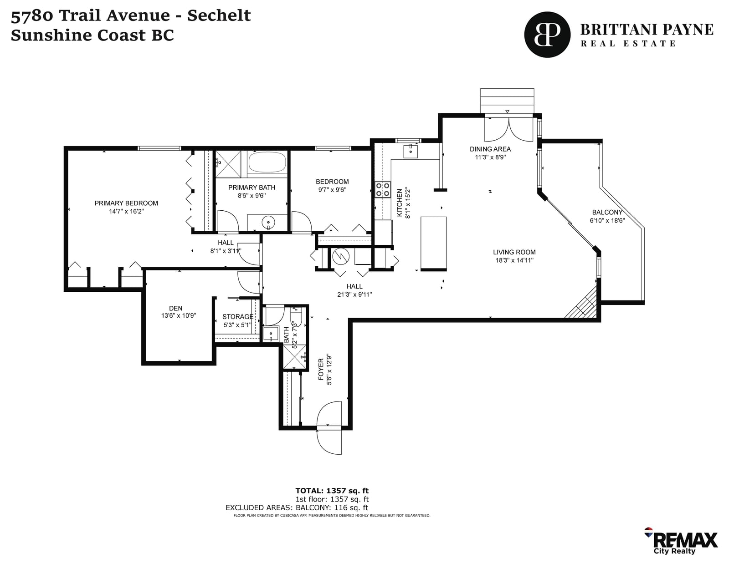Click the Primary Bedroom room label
[x=126, y=203]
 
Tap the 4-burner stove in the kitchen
[x=383, y=190]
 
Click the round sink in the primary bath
[x=268, y=222]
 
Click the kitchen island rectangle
[x=433, y=243]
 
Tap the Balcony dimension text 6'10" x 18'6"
[x=607, y=220]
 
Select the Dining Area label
[x=490, y=149]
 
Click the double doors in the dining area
[x=508, y=128]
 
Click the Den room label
[x=176, y=308]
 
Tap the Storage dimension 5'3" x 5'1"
[x=237, y=325]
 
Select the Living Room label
[x=514, y=252]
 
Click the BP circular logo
[x=547, y=35]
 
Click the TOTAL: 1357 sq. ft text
[x=332, y=491]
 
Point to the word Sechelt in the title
[x=219, y=15]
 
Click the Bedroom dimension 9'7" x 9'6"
[x=332, y=190]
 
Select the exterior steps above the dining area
[x=507, y=101]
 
